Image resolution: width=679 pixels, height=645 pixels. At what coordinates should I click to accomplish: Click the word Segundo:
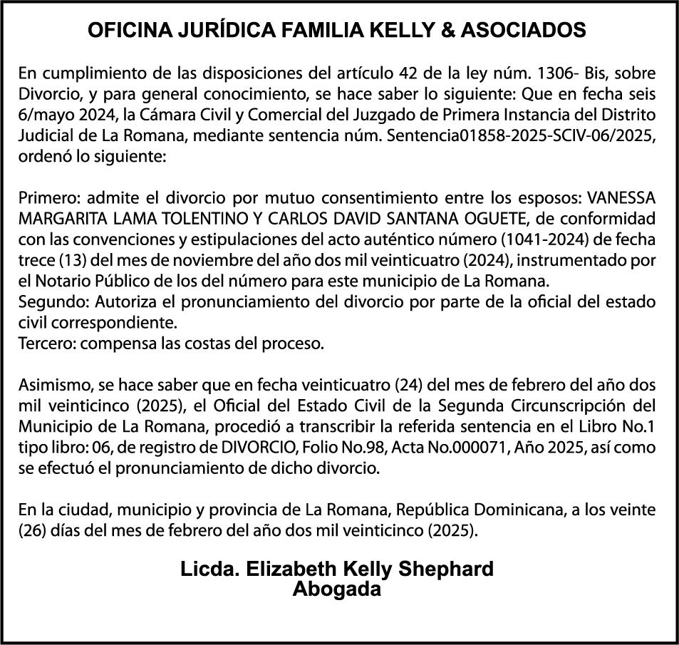(47, 301)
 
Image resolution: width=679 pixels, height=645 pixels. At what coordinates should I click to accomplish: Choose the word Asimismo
(52, 386)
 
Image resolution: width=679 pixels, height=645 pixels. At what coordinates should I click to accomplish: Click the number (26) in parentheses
(33, 532)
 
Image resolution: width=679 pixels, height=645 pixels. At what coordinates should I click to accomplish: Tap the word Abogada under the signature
(338, 590)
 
